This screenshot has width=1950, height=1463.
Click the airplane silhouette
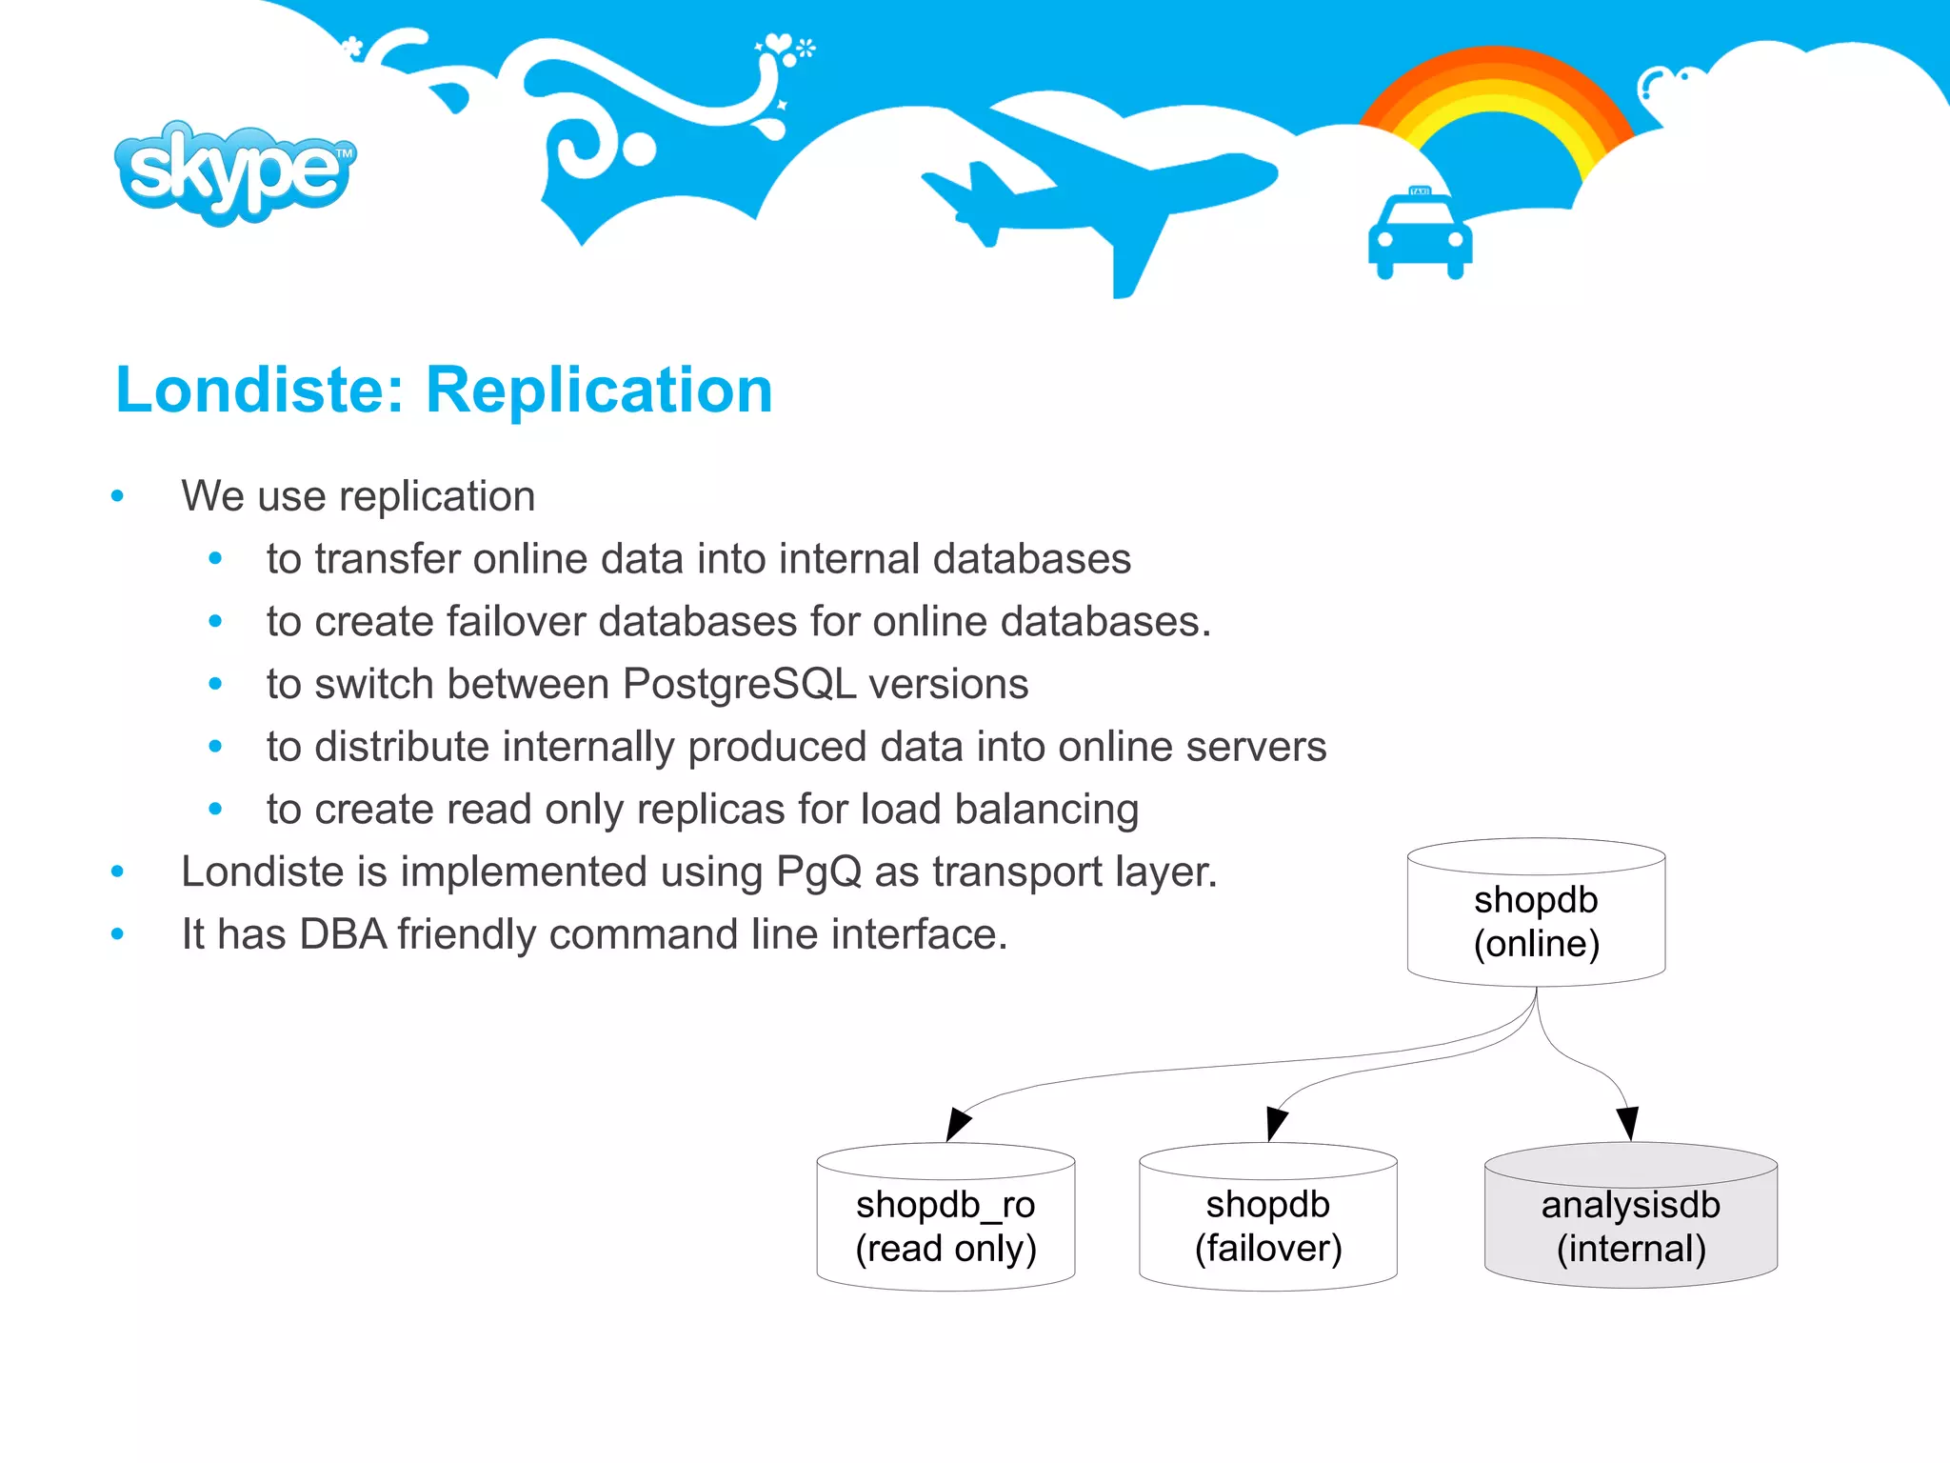coord(1095,190)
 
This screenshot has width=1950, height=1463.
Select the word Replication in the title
coord(599,391)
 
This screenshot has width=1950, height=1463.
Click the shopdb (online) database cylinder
coord(1536,914)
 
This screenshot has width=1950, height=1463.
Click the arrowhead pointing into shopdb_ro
coord(958,1123)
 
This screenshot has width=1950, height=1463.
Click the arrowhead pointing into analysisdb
coord(1627,1122)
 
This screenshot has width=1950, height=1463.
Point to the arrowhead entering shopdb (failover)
coord(1276,1123)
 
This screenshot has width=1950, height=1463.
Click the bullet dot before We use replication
coord(117,496)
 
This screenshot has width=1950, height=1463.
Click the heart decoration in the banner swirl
coord(780,43)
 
